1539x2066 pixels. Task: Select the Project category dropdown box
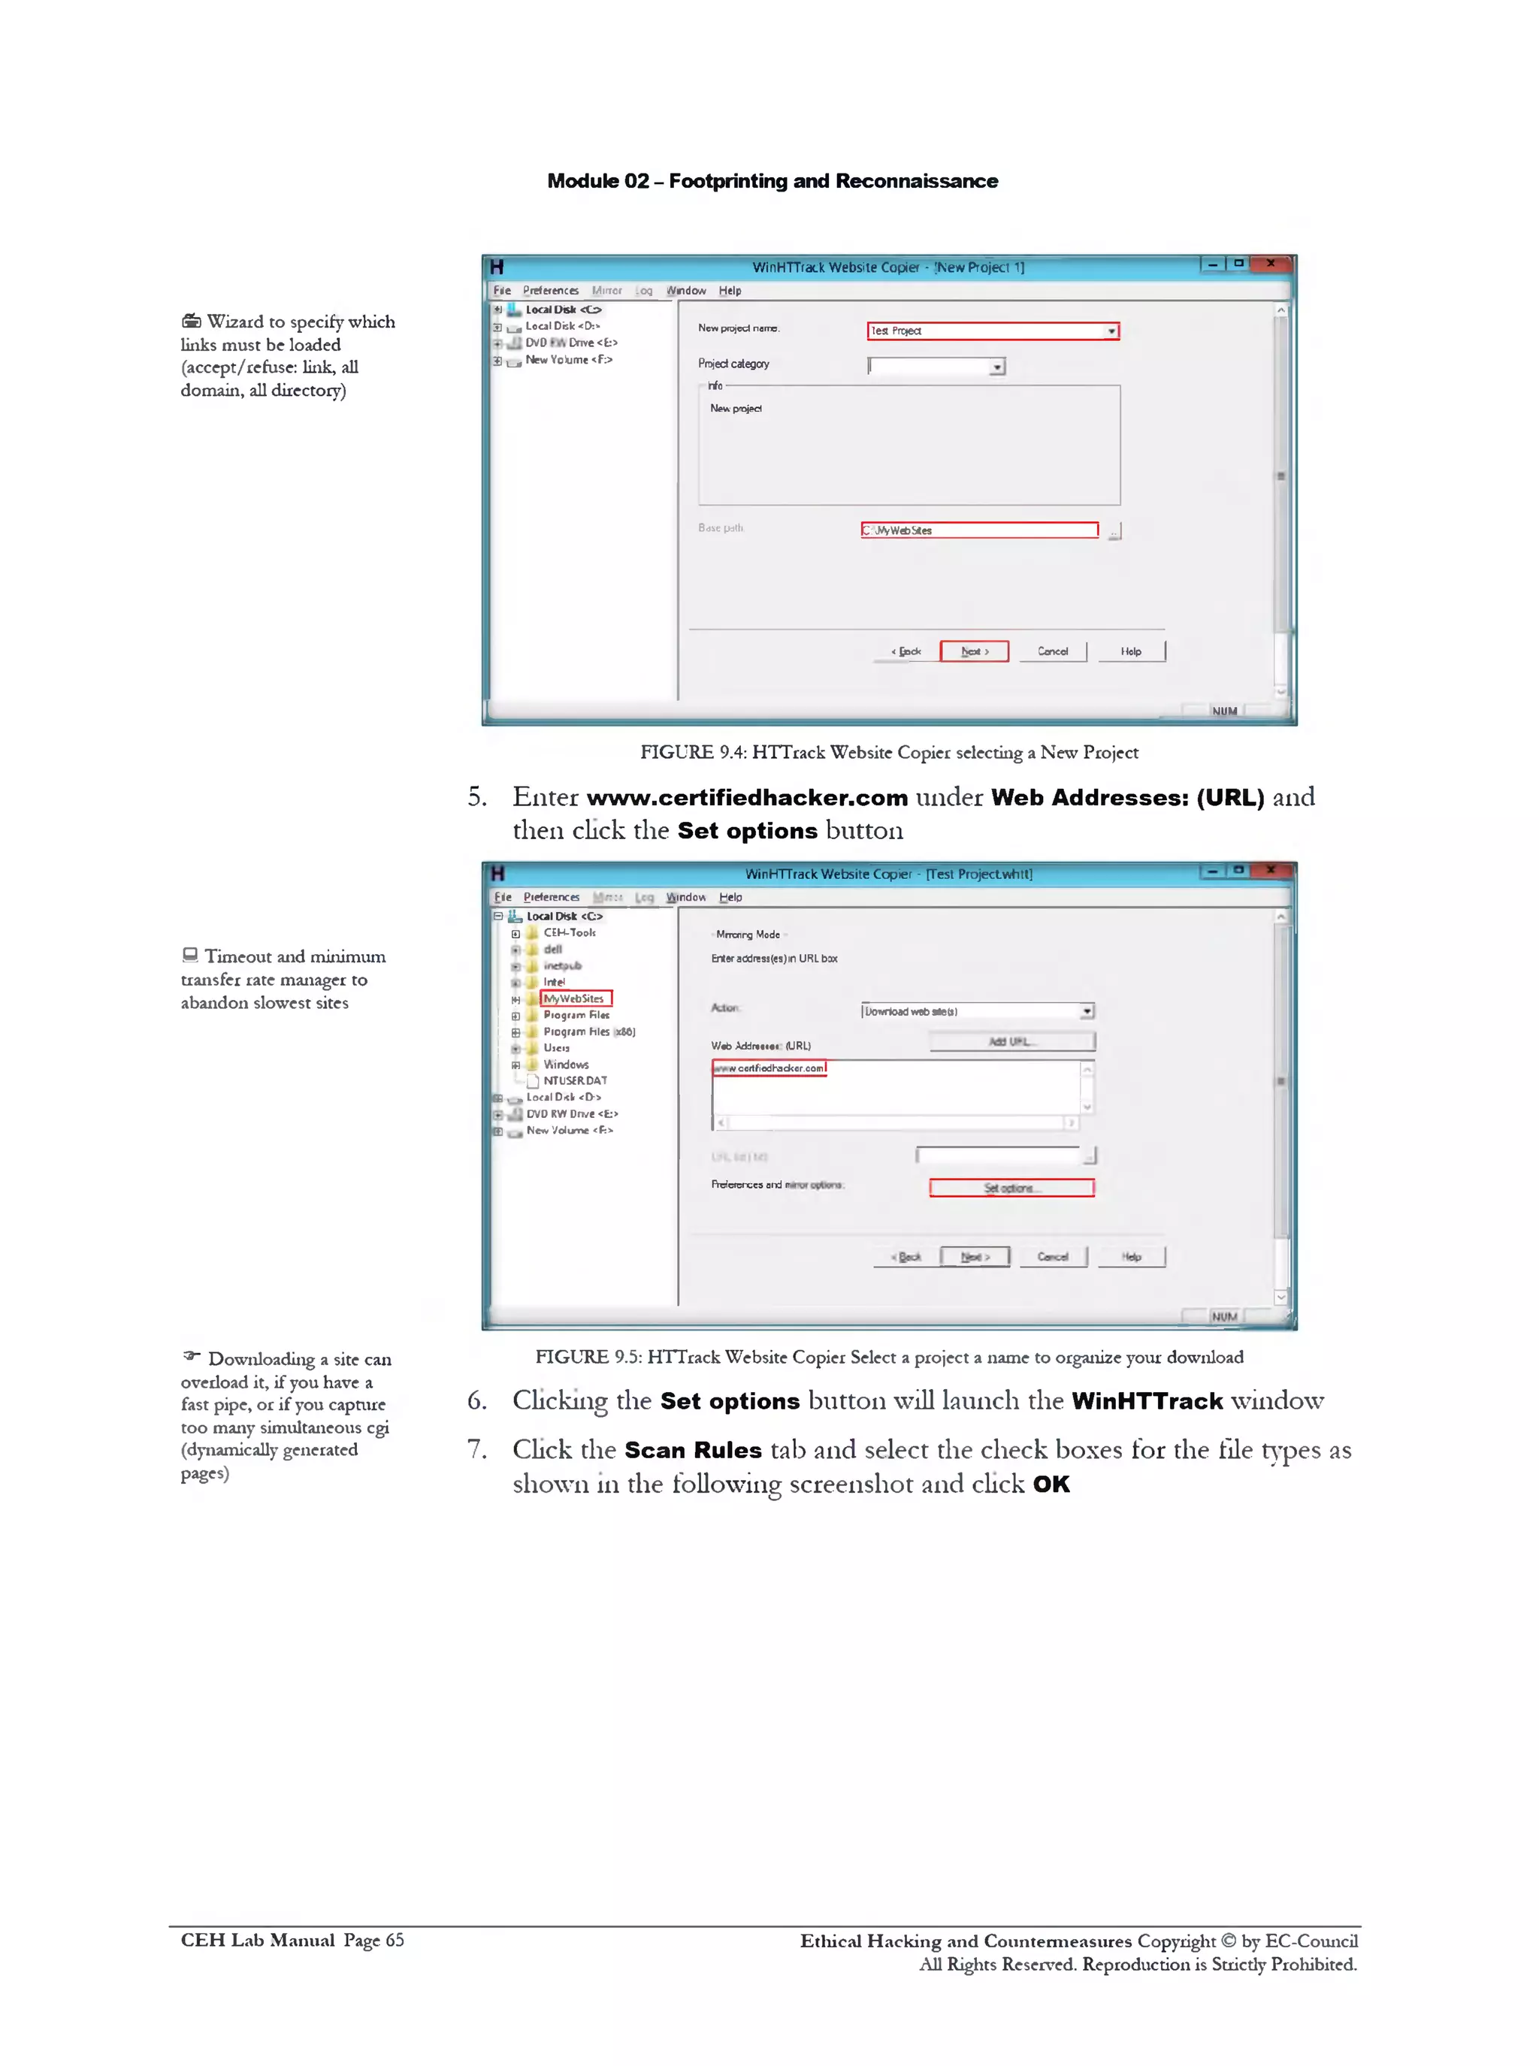click(x=936, y=366)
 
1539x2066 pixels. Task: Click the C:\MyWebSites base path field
click(x=978, y=530)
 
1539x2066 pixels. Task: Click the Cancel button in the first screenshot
click(x=1053, y=651)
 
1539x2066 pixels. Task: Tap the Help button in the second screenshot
click(x=1131, y=1257)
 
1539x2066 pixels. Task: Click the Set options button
click(x=1011, y=1188)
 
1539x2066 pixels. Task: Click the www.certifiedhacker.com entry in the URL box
click(x=769, y=1068)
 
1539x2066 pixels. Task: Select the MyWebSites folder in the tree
click(x=574, y=998)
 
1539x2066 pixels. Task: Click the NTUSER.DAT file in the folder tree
click(x=574, y=1080)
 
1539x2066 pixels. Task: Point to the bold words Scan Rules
click(x=692, y=1449)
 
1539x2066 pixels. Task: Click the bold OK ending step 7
click(x=1051, y=1484)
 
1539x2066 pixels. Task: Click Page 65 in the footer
click(x=373, y=1941)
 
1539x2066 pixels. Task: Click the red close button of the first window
click(x=1271, y=264)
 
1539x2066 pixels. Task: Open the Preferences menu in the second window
click(x=551, y=897)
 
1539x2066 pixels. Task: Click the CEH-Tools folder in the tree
click(x=568, y=932)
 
